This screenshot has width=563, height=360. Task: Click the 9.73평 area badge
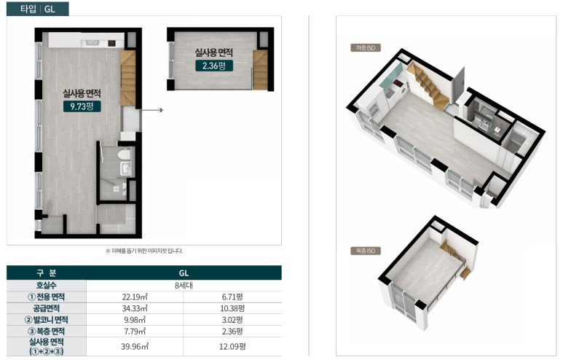(82, 106)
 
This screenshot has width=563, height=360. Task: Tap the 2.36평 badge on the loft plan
(214, 66)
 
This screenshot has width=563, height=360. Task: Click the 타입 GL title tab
(38, 9)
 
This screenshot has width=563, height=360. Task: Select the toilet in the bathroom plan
(125, 154)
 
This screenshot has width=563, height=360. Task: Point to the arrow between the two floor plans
(152, 110)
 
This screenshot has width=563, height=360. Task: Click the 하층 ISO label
(366, 48)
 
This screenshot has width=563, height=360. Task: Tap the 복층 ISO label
(366, 251)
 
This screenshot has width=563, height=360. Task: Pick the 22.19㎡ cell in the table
(135, 297)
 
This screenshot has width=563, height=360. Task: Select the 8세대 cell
(184, 286)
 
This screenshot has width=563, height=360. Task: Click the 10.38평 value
(232, 308)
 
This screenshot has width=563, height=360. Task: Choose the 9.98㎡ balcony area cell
(135, 320)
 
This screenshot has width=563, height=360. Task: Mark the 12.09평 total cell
(232, 347)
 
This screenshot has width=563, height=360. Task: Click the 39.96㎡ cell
(135, 347)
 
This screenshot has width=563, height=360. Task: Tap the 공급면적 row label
(47, 308)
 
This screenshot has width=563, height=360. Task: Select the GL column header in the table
(184, 273)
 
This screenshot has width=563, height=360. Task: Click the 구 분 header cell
(47, 273)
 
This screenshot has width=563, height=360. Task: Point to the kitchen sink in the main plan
(93, 44)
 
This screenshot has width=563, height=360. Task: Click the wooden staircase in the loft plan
(260, 70)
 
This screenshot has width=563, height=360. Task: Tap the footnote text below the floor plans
(144, 251)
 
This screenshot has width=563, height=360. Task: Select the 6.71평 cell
(232, 297)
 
